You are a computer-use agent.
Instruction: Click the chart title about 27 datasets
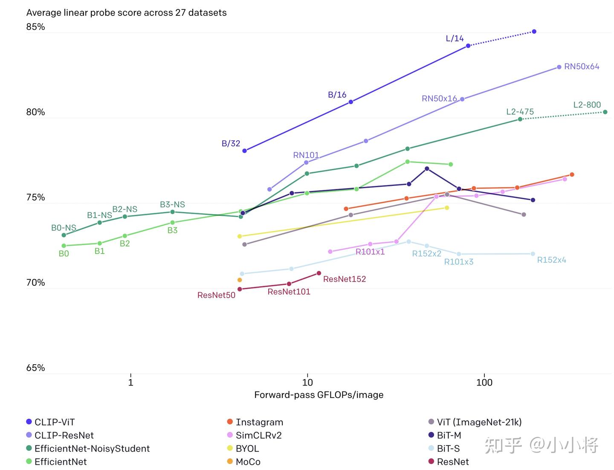(x=126, y=13)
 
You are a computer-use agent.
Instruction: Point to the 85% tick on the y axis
(x=35, y=27)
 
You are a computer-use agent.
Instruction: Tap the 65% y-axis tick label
(x=35, y=368)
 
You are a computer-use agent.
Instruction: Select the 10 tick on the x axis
(x=307, y=382)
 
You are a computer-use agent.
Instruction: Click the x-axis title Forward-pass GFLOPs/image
(x=319, y=395)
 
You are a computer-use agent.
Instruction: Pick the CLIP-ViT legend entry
(x=54, y=422)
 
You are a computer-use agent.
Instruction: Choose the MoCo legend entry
(x=248, y=462)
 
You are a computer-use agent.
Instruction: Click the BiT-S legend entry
(x=448, y=449)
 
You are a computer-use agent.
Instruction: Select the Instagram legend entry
(x=259, y=422)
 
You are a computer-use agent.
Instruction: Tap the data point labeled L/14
(x=468, y=46)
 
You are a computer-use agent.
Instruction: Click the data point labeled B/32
(x=244, y=151)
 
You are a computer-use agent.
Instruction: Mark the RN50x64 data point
(x=559, y=67)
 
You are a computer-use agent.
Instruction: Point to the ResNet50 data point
(x=240, y=289)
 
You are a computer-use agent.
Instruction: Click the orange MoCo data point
(x=240, y=280)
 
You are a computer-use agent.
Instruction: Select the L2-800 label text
(x=587, y=105)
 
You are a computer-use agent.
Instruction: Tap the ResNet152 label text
(x=344, y=279)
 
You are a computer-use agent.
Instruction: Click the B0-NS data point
(x=64, y=235)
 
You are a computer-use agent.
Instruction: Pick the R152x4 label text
(x=551, y=260)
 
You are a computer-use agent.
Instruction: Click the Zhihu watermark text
(x=542, y=445)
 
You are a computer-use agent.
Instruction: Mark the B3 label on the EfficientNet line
(x=172, y=230)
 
